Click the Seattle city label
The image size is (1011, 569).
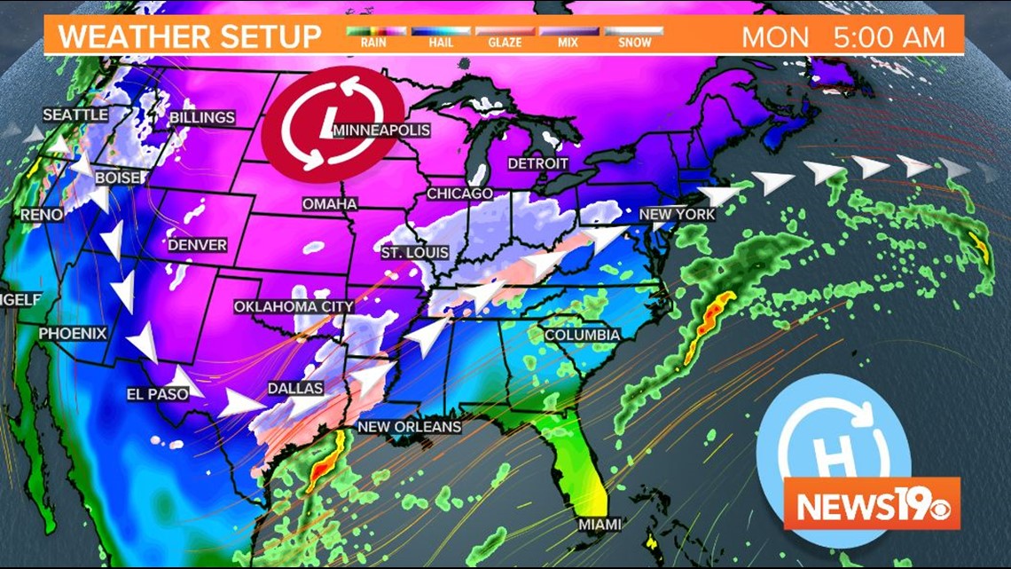click(x=75, y=115)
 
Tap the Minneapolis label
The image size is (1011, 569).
click(x=381, y=130)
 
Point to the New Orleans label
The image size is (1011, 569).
click(x=409, y=427)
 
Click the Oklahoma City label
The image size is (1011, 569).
click(x=294, y=307)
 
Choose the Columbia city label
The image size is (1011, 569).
click(x=582, y=336)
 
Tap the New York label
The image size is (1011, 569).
click(x=677, y=215)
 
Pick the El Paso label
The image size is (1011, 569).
click(x=158, y=394)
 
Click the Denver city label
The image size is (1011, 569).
click(x=197, y=245)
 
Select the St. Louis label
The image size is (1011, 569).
click(x=414, y=253)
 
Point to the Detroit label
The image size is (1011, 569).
click(x=537, y=164)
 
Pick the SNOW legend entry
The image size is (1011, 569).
click(x=633, y=36)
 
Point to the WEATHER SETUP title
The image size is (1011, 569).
click(x=189, y=37)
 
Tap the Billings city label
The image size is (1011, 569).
click(x=202, y=117)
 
